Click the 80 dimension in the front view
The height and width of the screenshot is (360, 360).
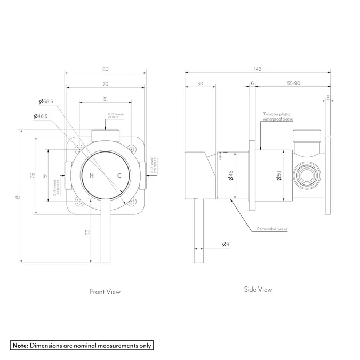[105, 69]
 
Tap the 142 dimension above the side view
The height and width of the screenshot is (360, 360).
[258, 69]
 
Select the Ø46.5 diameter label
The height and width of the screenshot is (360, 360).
[40, 116]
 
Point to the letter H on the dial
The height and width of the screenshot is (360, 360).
[92, 176]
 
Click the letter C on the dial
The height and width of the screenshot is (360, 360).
[119, 176]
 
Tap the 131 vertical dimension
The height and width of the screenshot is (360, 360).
[20, 196]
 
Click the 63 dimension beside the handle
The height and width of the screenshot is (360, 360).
[87, 232]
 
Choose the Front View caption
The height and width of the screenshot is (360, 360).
[105, 292]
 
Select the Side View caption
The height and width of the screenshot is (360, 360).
[258, 290]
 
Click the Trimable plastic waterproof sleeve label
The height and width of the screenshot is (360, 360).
[278, 117]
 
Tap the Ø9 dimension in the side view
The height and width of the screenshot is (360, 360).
[226, 244]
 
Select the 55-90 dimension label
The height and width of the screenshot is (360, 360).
[293, 84]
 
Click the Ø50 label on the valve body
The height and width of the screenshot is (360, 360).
[278, 175]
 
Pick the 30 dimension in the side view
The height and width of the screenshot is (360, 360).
[200, 84]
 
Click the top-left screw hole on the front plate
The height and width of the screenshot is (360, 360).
[78, 148]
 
